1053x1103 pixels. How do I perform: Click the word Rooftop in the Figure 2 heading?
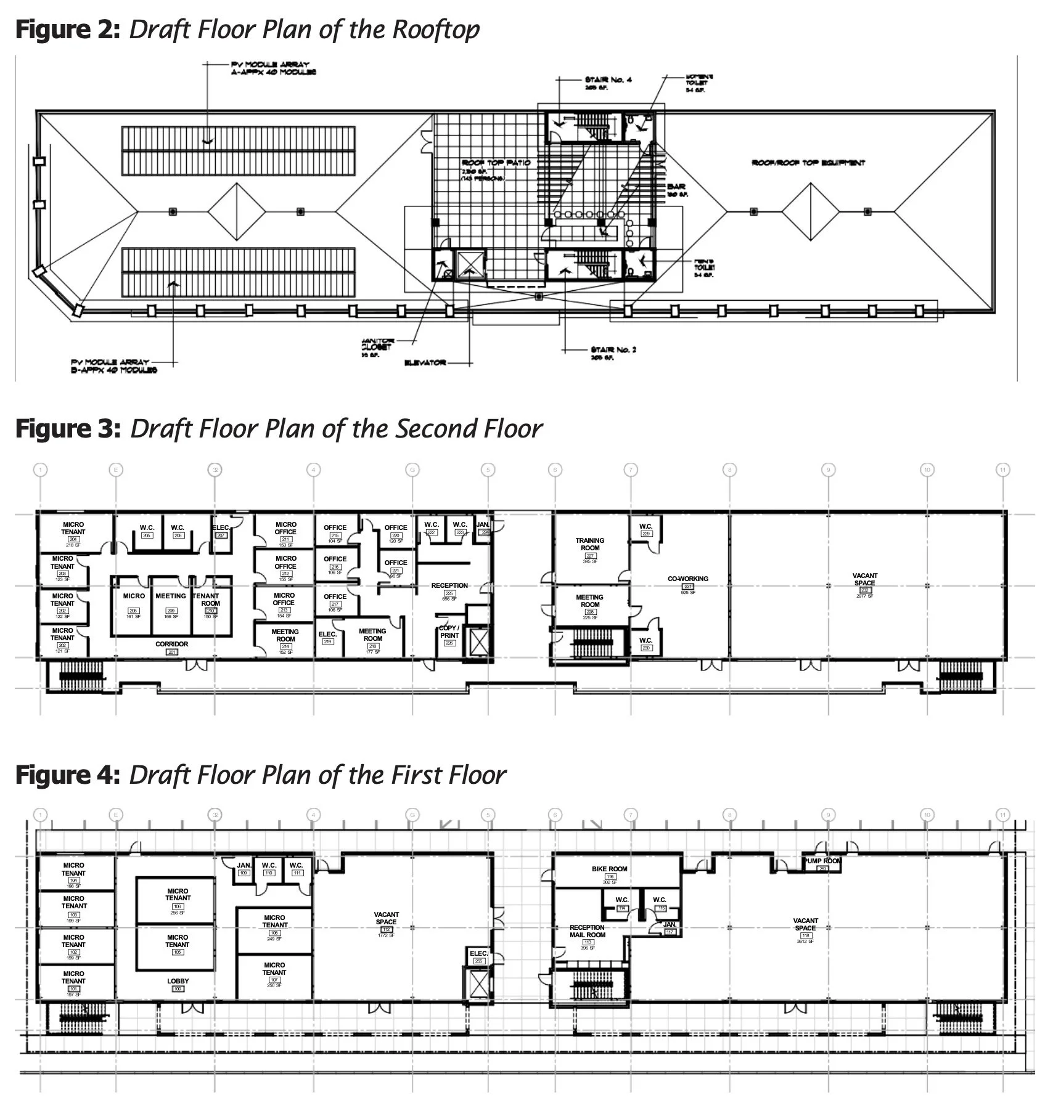pyautogui.click(x=435, y=30)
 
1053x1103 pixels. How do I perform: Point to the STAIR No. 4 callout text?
pyautogui.click(x=608, y=80)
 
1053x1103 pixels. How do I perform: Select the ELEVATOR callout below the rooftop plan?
pyautogui.click(x=425, y=362)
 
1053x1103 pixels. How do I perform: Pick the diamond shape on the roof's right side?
pyautogui.click(x=811, y=211)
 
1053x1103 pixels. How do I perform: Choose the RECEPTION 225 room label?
pyautogui.click(x=449, y=589)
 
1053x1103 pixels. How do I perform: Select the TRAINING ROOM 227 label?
pyautogui.click(x=590, y=548)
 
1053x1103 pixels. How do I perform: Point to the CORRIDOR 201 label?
pyautogui.click(x=172, y=646)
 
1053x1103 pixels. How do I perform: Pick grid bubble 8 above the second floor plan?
pyautogui.click(x=730, y=470)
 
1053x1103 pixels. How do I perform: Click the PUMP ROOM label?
pyautogui.click(x=822, y=861)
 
